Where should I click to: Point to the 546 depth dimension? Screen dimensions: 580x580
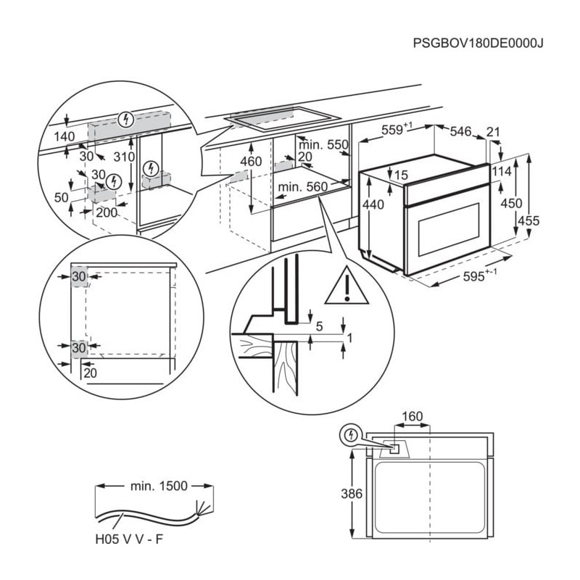461,131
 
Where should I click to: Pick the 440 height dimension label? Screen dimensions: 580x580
373,205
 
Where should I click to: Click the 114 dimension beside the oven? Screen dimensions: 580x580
501,172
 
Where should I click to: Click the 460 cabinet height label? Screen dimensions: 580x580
250,162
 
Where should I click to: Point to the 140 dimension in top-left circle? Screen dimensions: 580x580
65,136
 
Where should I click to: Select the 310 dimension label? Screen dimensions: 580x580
124,157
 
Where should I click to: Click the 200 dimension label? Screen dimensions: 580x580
107,212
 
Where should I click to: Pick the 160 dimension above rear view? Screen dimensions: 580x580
412,416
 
